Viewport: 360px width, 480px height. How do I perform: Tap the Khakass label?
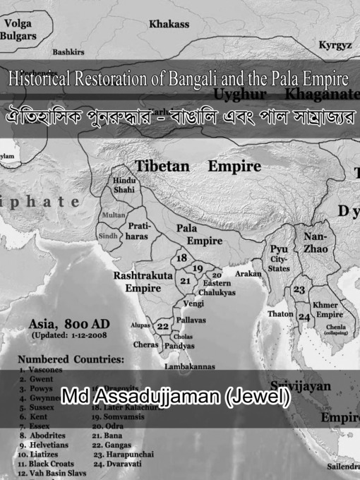pyautogui.click(x=169, y=24)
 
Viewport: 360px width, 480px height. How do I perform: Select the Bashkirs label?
pyautogui.click(x=68, y=52)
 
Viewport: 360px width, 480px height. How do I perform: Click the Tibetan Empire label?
pyautogui.click(x=198, y=167)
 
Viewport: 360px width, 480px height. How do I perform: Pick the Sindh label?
pyautogui.click(x=109, y=236)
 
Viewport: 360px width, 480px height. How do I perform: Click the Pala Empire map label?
pyautogui.click(x=198, y=234)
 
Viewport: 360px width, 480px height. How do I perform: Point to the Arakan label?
pyautogui.click(x=248, y=272)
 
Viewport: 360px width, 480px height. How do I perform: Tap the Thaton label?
pyautogui.click(x=281, y=313)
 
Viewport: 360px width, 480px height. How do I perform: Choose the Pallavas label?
pyautogui.click(x=192, y=320)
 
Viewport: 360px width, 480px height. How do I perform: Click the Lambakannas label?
pyautogui.click(x=190, y=367)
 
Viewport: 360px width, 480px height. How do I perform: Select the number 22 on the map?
pyautogui.click(x=163, y=326)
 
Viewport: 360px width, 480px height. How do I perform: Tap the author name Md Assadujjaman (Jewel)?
pyautogui.click(x=176, y=397)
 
